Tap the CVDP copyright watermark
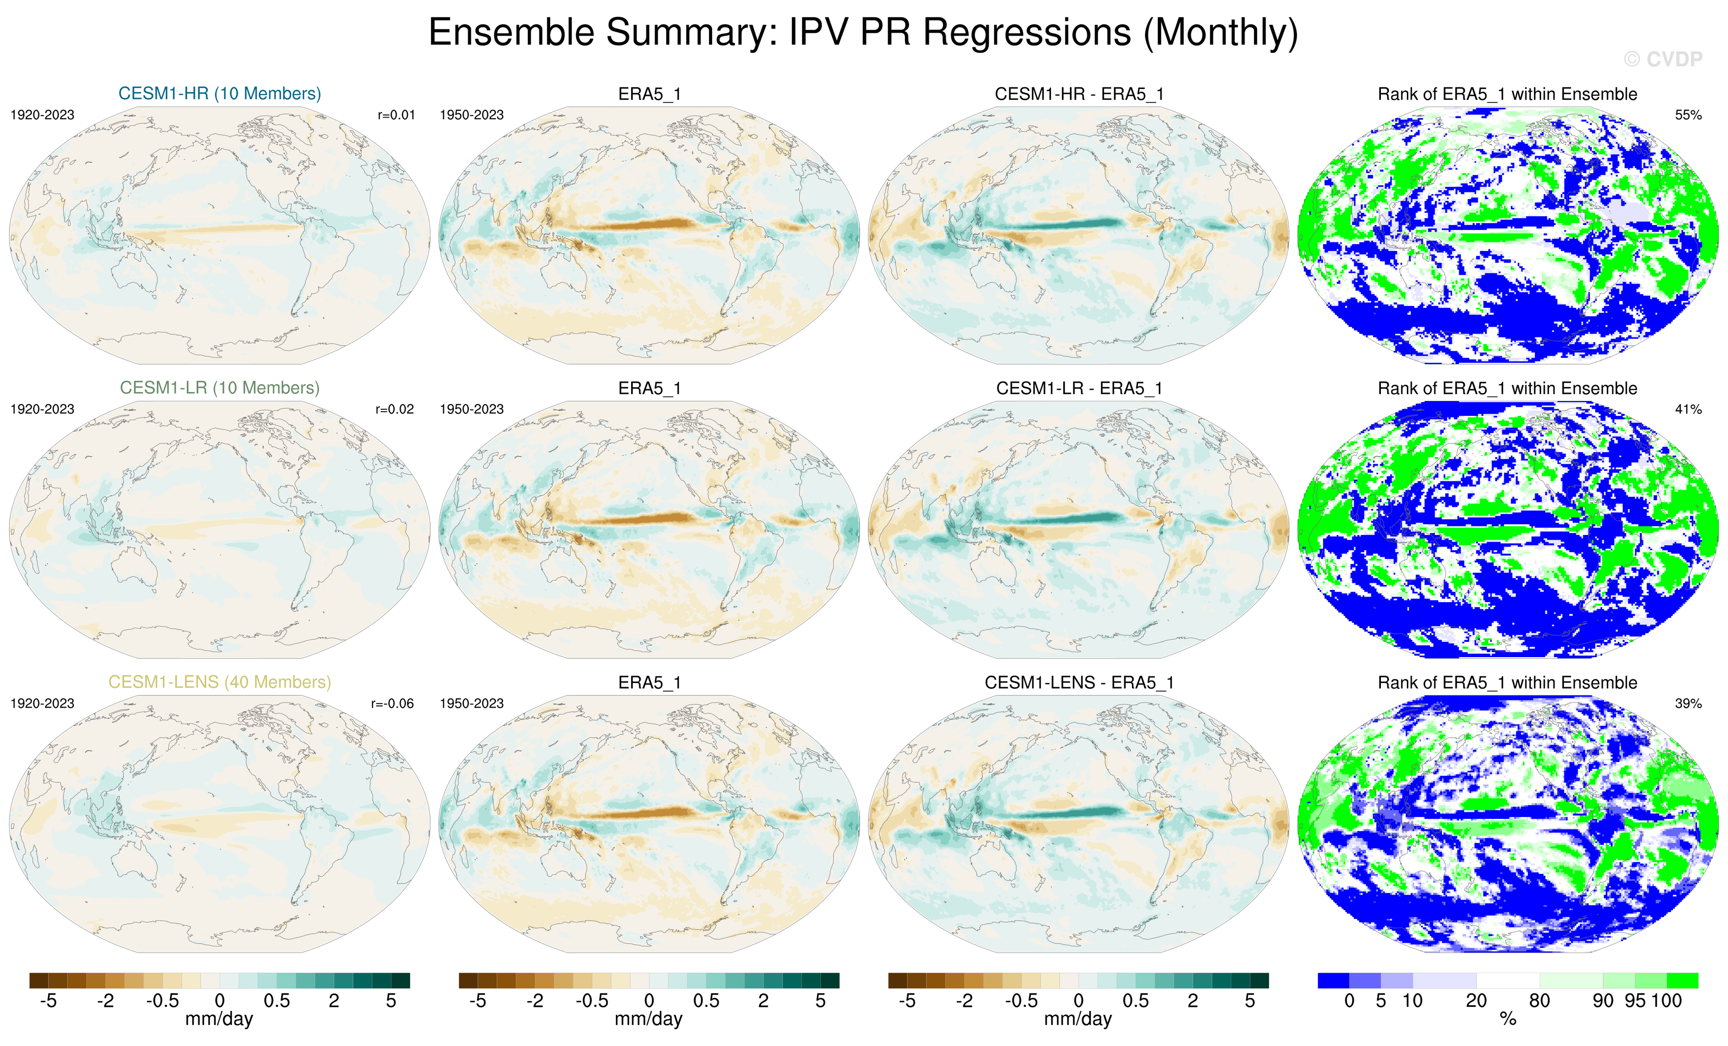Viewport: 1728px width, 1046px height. (x=1662, y=60)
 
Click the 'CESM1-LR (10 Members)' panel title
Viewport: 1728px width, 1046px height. (x=219, y=388)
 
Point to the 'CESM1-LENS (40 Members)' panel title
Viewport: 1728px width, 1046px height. (x=219, y=682)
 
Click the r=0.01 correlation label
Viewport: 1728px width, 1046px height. (x=396, y=115)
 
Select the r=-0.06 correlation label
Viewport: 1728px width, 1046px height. (x=393, y=703)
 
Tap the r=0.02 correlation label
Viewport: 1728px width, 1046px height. (x=395, y=410)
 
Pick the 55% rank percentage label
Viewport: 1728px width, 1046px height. (x=1688, y=115)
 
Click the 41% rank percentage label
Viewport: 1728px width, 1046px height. (x=1688, y=410)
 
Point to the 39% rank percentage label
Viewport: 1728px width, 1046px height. (x=1688, y=703)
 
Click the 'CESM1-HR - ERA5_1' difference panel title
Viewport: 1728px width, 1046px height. (x=1079, y=94)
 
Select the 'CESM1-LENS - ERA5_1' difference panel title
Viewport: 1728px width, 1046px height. (x=1079, y=683)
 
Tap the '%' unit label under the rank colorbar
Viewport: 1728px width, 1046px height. (x=1508, y=1020)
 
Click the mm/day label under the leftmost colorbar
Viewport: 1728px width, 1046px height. (x=219, y=1020)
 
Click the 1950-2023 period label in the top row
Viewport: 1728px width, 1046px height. (x=471, y=115)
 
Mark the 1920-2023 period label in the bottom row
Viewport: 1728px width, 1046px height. (x=42, y=703)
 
